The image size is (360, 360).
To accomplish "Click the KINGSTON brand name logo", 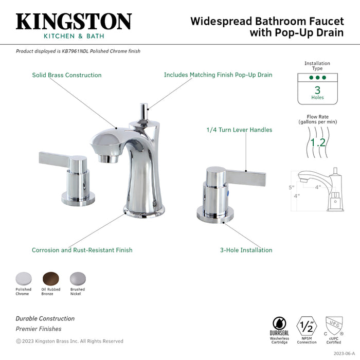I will pos(74,22).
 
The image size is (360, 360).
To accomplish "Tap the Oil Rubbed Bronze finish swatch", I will pos(50,278).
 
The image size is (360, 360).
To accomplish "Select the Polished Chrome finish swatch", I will pos(23,278).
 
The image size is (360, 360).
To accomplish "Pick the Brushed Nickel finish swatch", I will pos(78,278).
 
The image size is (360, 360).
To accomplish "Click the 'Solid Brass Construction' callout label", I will pos(67,75).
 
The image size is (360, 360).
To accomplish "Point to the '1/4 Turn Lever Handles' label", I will pos(239,130).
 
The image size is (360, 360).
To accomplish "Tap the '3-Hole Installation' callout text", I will pos(246,250).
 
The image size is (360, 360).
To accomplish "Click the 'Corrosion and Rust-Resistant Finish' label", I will pos(82,250).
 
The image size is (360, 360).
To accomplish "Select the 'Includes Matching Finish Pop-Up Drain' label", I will pos(218,75).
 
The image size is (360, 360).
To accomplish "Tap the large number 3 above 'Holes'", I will pos(317,90).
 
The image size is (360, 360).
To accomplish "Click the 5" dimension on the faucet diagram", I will pos(291,187).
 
